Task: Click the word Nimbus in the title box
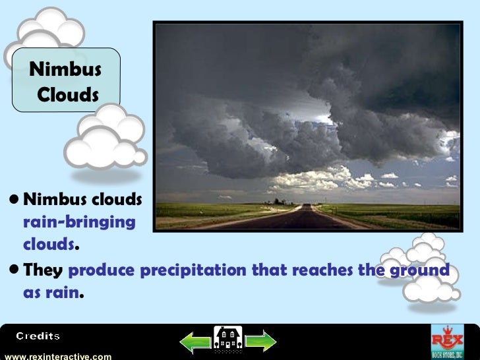(65, 69)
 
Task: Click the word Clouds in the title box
(68, 95)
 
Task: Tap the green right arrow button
(259, 341)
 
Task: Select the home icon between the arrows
(227, 340)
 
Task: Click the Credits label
(38, 336)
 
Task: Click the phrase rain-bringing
(79, 222)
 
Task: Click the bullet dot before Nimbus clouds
(15, 199)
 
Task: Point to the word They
(44, 271)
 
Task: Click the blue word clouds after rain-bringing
(49, 244)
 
